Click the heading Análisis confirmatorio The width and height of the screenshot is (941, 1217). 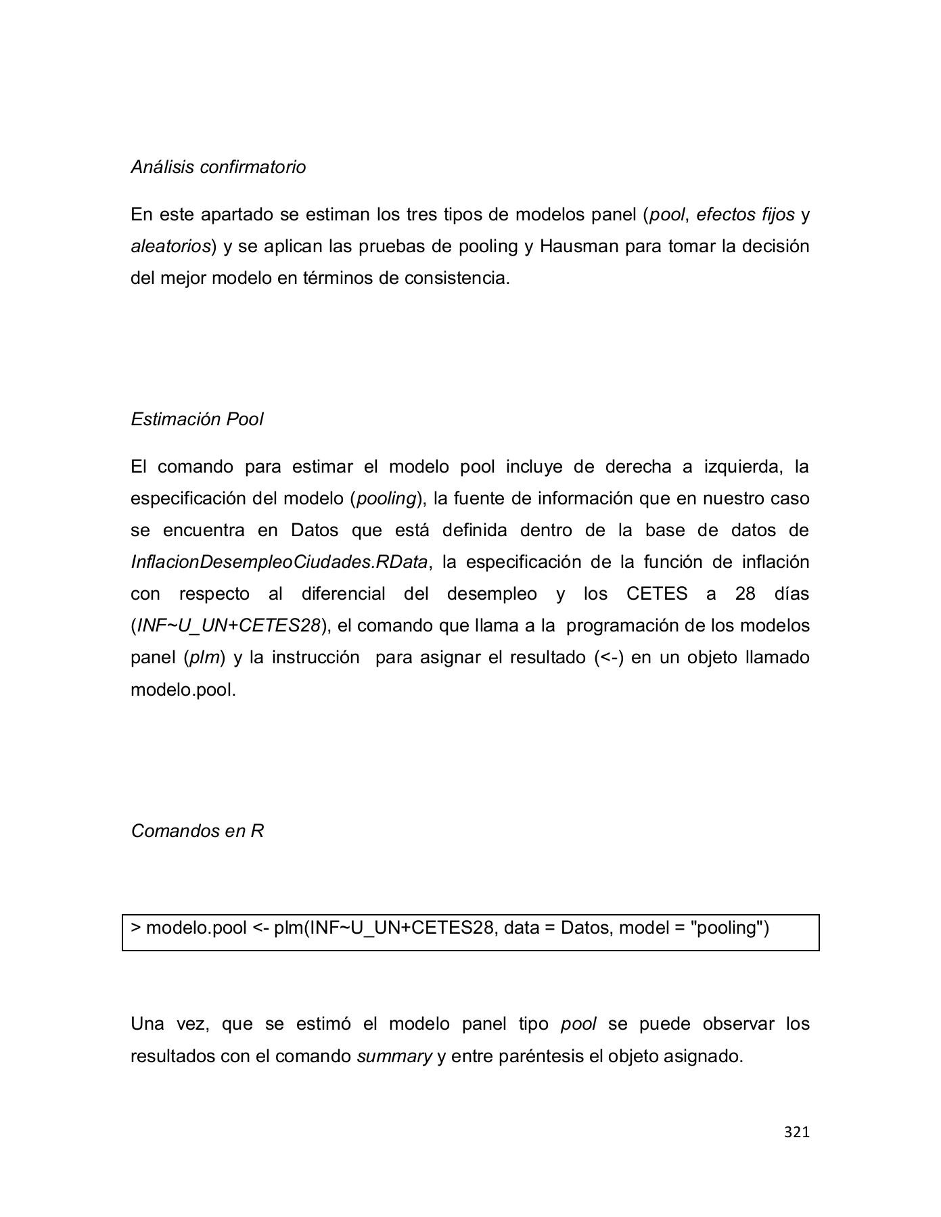coord(218,167)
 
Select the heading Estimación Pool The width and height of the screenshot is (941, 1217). coord(197,419)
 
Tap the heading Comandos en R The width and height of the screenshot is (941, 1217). coord(197,831)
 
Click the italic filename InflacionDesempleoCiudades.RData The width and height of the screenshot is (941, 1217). coord(279,562)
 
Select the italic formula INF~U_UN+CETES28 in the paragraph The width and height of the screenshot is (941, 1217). coord(228,625)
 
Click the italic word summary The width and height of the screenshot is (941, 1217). coord(394,1056)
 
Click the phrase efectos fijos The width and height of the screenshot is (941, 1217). coord(745,215)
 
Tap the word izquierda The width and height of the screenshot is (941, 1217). coord(742,467)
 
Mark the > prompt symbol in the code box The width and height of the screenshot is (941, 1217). coord(135,928)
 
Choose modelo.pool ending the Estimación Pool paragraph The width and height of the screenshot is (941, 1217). coord(183,690)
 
